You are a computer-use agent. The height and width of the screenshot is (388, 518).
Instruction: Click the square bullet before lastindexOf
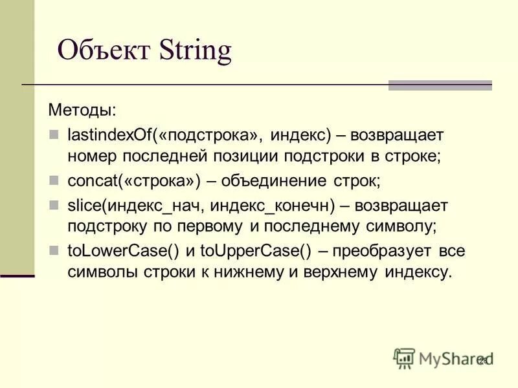54,135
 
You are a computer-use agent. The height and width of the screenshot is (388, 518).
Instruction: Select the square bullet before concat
54,180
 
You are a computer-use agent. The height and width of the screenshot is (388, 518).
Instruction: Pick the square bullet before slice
54,205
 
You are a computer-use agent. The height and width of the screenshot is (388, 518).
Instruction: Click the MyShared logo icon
404,358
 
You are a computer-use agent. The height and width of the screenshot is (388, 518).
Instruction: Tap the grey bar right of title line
440,85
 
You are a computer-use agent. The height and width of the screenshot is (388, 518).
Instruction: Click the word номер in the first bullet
91,155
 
